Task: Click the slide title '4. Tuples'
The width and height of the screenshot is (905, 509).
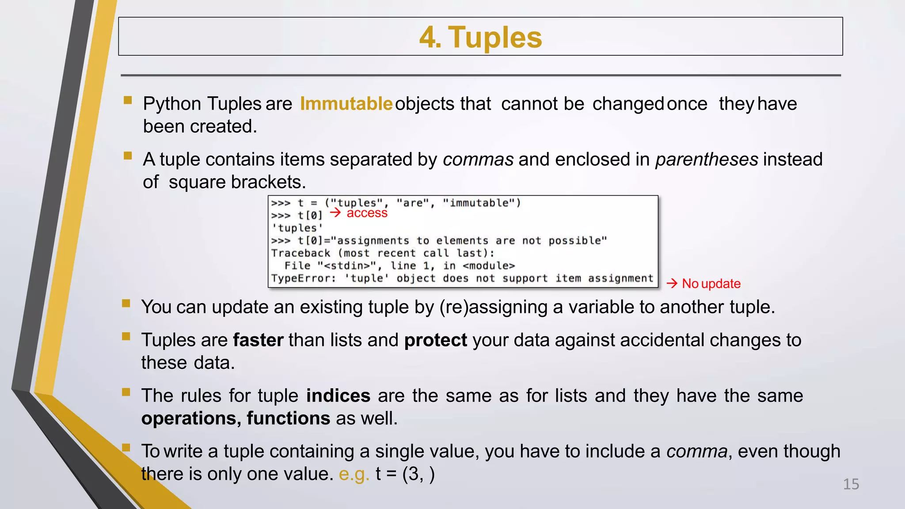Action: (480, 37)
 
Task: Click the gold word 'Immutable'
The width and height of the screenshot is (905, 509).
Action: (346, 104)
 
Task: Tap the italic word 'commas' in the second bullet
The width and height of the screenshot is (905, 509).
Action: (478, 160)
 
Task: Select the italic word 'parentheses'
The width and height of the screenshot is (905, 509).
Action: (707, 160)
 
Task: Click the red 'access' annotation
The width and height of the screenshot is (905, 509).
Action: (367, 213)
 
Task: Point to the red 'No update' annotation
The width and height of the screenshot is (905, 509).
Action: (711, 284)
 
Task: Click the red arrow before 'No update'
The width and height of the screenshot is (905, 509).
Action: (672, 283)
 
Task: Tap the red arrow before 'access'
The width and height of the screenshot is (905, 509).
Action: (335, 213)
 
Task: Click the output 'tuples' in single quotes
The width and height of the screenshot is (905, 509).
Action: (297, 228)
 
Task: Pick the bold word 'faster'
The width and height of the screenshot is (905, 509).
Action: (258, 340)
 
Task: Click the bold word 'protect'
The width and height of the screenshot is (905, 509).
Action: (435, 340)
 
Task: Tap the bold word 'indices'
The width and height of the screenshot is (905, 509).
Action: (338, 396)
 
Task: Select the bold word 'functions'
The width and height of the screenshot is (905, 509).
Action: (288, 418)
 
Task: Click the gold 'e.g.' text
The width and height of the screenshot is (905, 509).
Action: (354, 474)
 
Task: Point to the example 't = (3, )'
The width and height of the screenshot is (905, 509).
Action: (405, 474)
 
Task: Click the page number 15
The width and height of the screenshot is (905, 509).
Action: (851, 484)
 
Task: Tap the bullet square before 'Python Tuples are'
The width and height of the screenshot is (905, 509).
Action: (128, 100)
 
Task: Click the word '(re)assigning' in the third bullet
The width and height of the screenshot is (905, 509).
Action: (493, 307)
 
